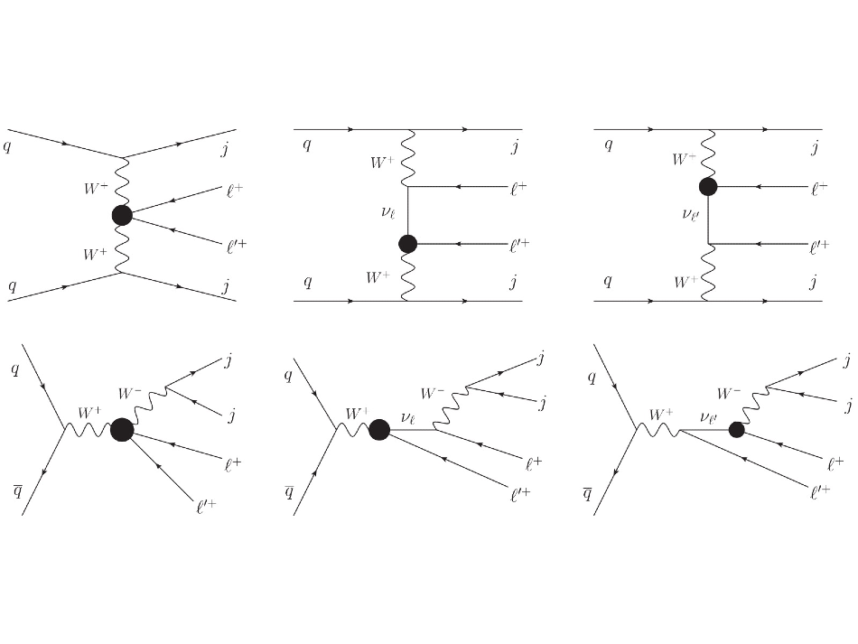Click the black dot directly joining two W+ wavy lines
(x=122, y=215)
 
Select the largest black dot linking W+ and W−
(x=122, y=430)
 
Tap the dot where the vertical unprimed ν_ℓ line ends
(x=407, y=244)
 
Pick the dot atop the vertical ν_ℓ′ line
(x=708, y=187)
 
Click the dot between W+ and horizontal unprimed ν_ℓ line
(x=379, y=430)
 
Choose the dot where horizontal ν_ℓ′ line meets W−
(x=736, y=430)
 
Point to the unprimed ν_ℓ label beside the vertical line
(x=388, y=212)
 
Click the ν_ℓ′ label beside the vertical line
(x=690, y=214)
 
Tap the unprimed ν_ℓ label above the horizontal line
(x=408, y=418)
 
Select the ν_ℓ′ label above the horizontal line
(x=708, y=418)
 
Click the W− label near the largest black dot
(x=130, y=393)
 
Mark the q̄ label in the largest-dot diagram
(x=17, y=490)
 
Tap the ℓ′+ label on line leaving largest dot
(x=206, y=506)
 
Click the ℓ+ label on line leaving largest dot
(x=233, y=465)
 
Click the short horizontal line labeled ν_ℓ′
(x=704, y=430)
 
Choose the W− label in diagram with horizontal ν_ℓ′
(x=729, y=393)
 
